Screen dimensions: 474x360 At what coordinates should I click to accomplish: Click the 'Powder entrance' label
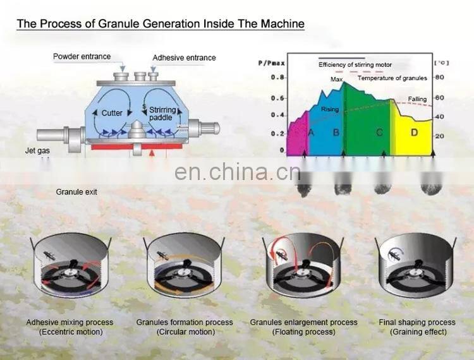point(82,56)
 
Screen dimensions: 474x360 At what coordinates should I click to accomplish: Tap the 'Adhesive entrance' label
point(184,57)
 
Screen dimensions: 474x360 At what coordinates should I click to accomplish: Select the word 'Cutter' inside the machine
point(112,113)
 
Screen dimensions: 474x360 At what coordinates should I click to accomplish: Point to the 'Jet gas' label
point(37,151)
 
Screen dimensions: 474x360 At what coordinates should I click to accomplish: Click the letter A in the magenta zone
point(310,133)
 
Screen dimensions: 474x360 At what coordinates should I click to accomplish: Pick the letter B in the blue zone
point(336,133)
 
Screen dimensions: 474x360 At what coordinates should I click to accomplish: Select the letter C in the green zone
point(379,133)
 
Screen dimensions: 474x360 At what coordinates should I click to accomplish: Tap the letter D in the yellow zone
point(414,133)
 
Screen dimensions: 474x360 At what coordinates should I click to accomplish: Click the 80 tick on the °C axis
point(441,77)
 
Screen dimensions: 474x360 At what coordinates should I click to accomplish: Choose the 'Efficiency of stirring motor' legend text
point(355,64)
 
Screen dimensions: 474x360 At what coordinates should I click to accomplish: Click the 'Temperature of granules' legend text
point(392,78)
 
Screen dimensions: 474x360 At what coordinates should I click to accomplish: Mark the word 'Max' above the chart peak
point(336,80)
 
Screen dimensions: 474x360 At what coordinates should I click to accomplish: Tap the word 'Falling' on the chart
point(416,99)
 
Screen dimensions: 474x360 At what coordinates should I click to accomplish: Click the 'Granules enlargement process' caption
point(303,322)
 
